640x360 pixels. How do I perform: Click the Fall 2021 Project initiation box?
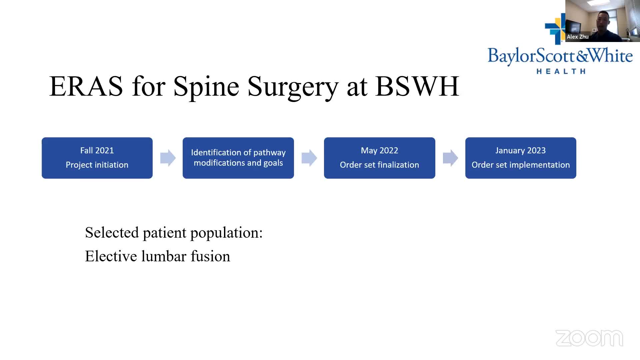97,158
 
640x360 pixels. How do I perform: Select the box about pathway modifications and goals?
238,158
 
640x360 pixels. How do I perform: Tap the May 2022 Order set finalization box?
380,158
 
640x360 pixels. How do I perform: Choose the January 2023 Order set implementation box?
521,158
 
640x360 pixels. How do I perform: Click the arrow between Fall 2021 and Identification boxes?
168,158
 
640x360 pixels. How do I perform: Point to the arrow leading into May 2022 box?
309,158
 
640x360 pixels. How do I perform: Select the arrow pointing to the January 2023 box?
450,158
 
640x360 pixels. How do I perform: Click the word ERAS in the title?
86,86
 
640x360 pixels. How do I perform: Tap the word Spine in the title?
206,87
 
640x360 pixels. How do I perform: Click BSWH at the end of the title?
417,86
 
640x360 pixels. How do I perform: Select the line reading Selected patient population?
174,233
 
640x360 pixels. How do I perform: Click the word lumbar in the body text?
164,256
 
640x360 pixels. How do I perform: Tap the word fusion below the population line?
210,256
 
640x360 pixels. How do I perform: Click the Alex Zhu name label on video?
578,37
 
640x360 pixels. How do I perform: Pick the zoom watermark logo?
589,338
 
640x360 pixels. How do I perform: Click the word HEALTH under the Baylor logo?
561,71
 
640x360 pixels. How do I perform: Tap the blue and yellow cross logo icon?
555,29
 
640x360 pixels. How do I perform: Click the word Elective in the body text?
111,256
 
